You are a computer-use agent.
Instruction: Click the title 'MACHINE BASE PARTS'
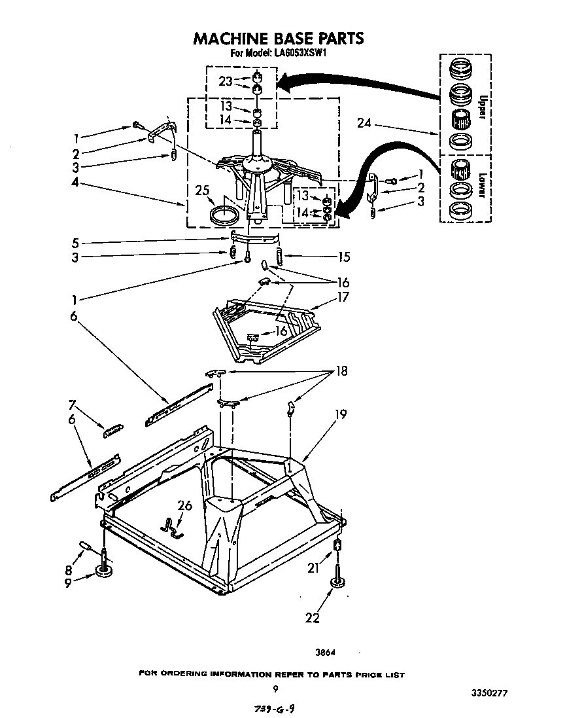click(x=278, y=39)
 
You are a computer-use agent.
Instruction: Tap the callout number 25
click(x=203, y=190)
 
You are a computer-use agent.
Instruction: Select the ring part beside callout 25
click(x=222, y=215)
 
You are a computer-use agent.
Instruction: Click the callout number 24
click(x=366, y=122)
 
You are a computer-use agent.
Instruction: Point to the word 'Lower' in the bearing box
click(x=482, y=185)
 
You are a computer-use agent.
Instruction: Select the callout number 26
click(x=186, y=504)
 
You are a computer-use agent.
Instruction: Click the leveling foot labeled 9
click(x=103, y=571)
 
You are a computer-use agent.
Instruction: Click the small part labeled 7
click(x=113, y=429)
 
